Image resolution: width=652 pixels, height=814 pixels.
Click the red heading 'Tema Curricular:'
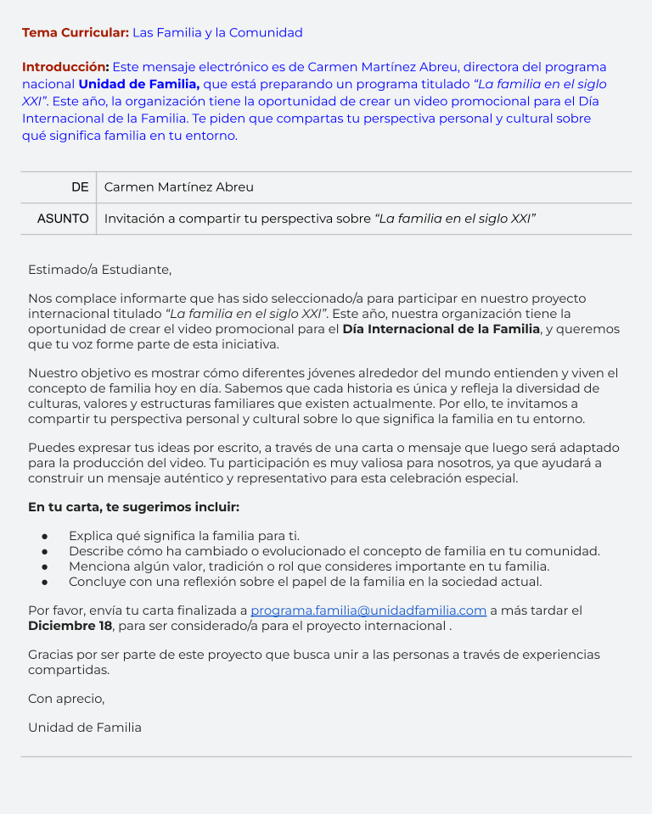[x=75, y=33]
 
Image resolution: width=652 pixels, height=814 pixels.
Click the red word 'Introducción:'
[x=65, y=67]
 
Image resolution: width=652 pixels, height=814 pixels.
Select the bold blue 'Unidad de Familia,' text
[x=138, y=84]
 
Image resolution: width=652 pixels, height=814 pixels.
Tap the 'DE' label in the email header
[x=80, y=187]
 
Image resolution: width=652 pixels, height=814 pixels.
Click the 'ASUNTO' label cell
[x=63, y=219]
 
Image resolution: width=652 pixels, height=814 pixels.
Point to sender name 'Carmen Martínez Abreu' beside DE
[x=178, y=187]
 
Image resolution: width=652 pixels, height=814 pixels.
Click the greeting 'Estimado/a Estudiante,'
[x=99, y=270]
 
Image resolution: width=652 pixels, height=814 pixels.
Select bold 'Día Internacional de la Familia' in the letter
[x=441, y=329]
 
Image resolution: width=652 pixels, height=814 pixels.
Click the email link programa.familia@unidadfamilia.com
[x=368, y=610]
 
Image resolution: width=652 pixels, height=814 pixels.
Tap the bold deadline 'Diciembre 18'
[x=70, y=626]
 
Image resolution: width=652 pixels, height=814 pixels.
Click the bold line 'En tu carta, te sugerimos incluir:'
[x=133, y=507]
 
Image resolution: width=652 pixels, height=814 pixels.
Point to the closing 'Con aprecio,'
[x=66, y=699]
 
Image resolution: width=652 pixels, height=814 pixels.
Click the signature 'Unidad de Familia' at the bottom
[x=85, y=728]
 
